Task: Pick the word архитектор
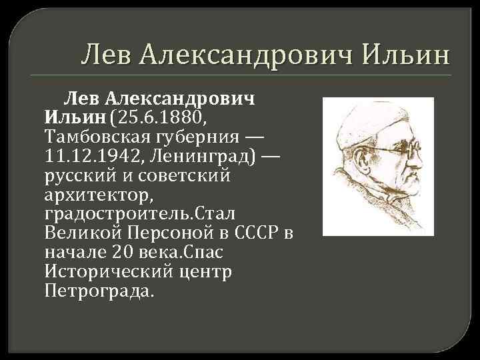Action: tap(99, 195)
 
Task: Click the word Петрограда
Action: tap(98, 292)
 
